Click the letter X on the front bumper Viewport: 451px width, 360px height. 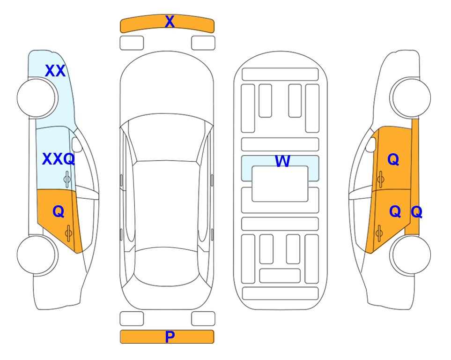[x=170, y=22]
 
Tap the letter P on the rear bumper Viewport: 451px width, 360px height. [x=170, y=337]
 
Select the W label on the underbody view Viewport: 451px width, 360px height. [x=282, y=161]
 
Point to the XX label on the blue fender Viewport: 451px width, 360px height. [x=55, y=71]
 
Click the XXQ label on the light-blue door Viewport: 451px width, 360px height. [x=59, y=159]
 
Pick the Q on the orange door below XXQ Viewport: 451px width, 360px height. [x=59, y=212]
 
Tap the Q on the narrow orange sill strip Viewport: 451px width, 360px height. [x=416, y=212]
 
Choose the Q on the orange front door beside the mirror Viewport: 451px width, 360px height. [x=393, y=159]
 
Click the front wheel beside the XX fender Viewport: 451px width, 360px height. [x=37, y=98]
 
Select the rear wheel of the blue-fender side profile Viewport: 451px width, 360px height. [x=37, y=255]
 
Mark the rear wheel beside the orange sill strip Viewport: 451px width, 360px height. [x=410, y=255]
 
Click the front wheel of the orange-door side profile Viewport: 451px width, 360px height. [x=410, y=97]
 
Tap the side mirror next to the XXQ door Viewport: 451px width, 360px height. [x=77, y=144]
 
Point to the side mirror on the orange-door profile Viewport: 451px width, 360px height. [x=371, y=144]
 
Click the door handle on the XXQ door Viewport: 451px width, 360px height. [x=67, y=179]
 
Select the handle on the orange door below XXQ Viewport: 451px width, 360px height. [x=68, y=233]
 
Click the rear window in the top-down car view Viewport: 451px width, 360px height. [x=167, y=266]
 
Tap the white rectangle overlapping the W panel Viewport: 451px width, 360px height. [x=280, y=184]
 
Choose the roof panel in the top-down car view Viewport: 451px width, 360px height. [x=166, y=205]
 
